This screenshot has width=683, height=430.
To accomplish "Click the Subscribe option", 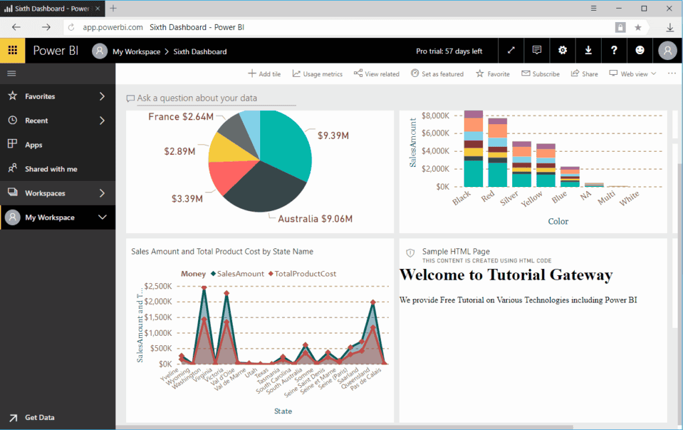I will tap(540, 74).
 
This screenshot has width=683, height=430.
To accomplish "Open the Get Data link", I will tap(39, 417).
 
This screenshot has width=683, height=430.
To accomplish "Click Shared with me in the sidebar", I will tap(51, 169).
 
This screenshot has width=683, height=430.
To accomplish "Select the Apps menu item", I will tap(33, 145).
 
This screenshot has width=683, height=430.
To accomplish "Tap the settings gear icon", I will tap(562, 51).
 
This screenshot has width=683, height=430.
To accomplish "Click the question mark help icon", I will tap(614, 51).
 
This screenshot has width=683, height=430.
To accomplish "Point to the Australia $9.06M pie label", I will tap(315, 219).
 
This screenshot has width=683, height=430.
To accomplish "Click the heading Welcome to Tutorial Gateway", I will tap(506, 274).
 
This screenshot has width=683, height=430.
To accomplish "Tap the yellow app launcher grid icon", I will tap(12, 51).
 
